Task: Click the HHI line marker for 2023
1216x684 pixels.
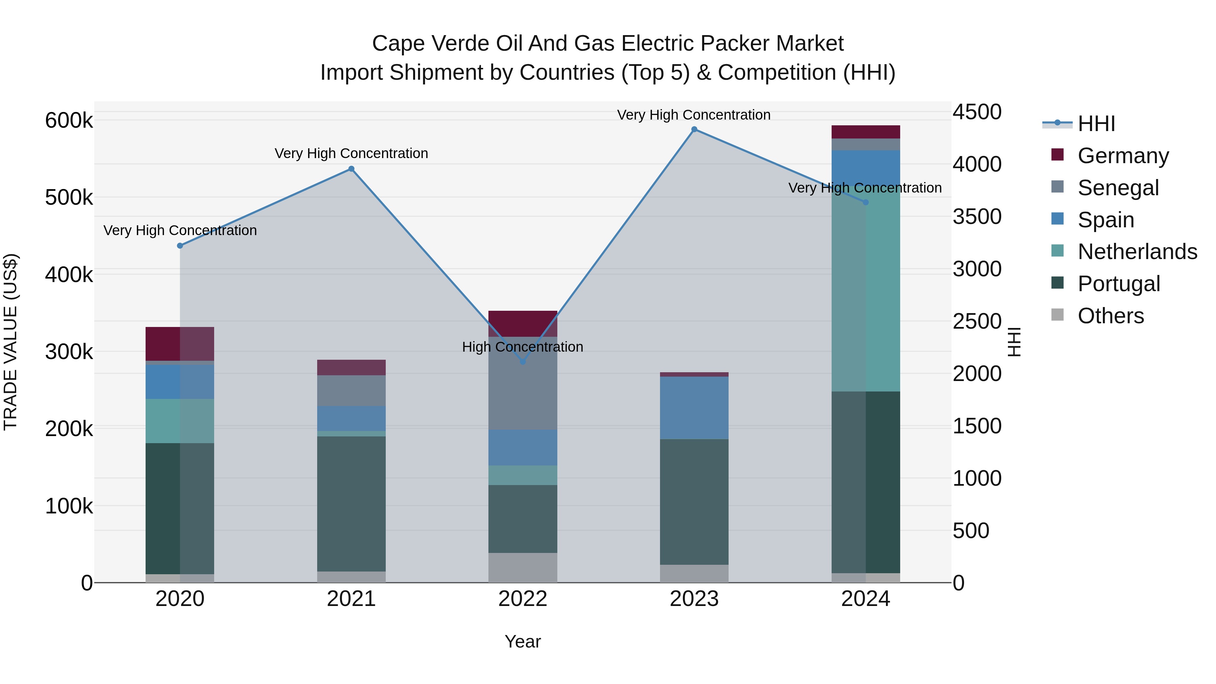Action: (x=694, y=129)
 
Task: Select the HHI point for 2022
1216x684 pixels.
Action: (x=523, y=361)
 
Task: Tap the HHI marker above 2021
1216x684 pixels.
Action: (x=351, y=169)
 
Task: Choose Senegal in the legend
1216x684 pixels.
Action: (x=1118, y=188)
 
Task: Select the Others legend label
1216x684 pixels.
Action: (x=1111, y=316)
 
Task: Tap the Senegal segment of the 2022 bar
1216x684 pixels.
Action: (x=523, y=383)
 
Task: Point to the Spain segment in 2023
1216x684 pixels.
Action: (x=694, y=408)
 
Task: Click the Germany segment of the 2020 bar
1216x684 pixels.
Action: (x=180, y=344)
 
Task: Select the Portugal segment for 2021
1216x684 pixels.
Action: (x=351, y=504)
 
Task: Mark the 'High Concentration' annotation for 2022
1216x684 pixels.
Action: (x=523, y=347)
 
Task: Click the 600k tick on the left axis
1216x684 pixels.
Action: (x=69, y=120)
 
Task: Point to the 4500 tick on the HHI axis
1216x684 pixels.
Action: (x=977, y=112)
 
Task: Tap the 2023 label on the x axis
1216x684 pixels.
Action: (x=694, y=599)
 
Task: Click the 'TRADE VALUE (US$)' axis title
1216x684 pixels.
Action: (x=10, y=342)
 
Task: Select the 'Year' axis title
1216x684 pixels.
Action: (x=523, y=641)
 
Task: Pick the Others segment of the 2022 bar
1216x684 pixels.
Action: (x=523, y=567)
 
